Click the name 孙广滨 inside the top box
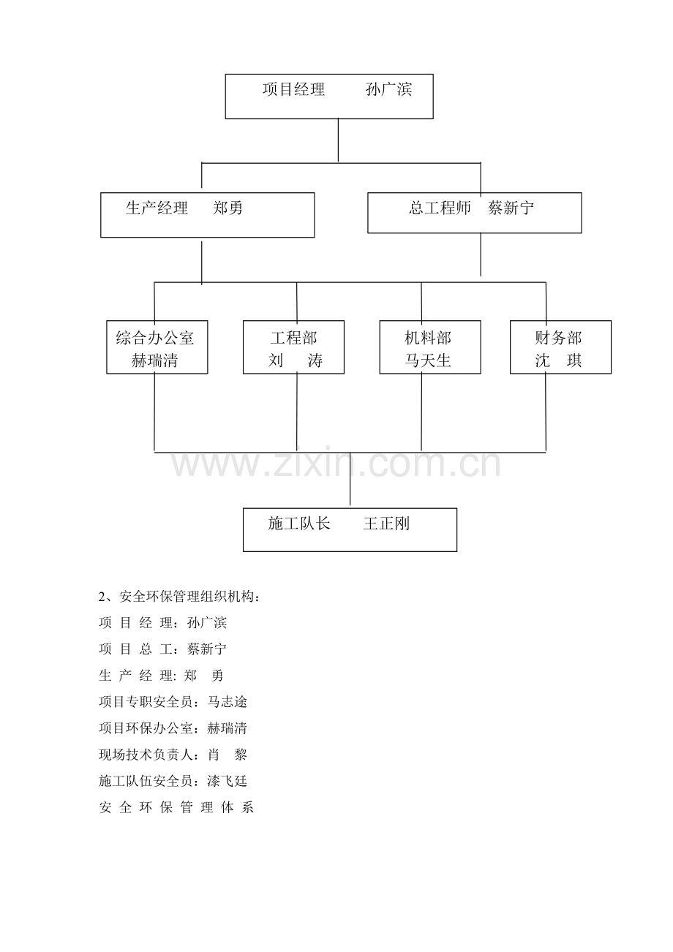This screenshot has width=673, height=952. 388,90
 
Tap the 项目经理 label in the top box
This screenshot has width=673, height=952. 294,90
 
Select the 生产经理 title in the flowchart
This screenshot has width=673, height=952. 157,208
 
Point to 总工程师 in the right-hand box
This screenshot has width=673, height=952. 440,208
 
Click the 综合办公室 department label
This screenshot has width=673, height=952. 155,339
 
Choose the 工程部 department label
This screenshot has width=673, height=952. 294,339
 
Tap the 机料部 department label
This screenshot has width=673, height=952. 428,339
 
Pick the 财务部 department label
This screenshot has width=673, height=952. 558,339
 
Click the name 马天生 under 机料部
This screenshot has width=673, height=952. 428,360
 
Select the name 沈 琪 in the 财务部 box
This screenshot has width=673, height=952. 558,360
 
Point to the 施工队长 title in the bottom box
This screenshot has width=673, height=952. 299,524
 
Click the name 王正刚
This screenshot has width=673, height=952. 386,524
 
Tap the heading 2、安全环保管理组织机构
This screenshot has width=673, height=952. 179,597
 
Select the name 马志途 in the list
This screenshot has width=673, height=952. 227,702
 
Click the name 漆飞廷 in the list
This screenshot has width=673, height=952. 227,781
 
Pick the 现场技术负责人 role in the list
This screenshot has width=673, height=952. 146,755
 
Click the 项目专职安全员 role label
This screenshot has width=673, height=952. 146,702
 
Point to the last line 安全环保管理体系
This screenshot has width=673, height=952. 176,807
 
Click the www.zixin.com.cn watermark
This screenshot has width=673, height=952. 336,464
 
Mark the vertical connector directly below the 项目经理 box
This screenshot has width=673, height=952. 339,140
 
